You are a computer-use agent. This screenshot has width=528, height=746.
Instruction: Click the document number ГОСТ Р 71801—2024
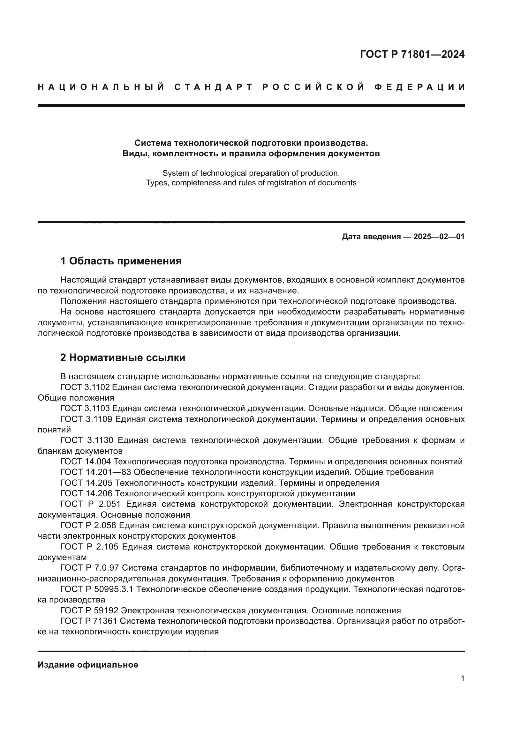tap(412, 54)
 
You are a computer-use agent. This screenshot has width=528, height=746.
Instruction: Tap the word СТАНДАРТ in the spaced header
tap(213, 87)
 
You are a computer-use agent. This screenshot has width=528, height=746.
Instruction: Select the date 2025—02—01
tap(439, 237)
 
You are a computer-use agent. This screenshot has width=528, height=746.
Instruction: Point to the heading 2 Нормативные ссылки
tap(123, 358)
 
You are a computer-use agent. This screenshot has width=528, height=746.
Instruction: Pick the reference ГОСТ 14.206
tap(86, 493)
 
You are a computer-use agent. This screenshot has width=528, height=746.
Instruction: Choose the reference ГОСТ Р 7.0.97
tap(90, 568)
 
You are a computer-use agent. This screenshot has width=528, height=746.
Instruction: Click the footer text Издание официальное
tap(88, 665)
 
